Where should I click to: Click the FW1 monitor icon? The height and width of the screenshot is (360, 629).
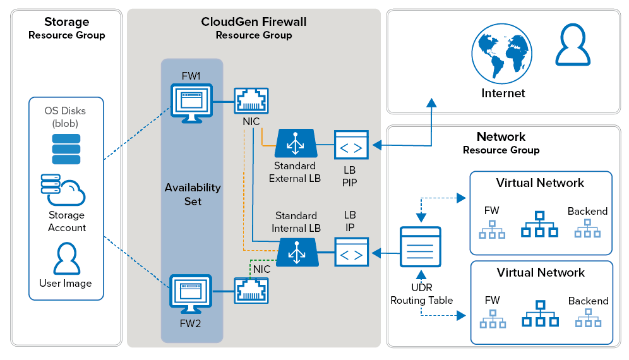192,102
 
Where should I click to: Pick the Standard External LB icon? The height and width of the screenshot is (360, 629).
294,144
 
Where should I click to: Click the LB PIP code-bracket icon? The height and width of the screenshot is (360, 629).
351,145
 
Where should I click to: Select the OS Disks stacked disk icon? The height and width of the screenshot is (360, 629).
66,149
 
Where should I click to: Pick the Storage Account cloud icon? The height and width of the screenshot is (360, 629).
63,189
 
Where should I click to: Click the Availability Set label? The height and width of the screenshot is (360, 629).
193,194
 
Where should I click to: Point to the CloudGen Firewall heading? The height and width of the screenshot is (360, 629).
254,22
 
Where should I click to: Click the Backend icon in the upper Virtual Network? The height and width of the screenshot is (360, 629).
587,229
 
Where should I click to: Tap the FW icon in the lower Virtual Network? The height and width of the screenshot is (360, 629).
492,319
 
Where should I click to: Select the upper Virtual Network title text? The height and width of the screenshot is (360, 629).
540,183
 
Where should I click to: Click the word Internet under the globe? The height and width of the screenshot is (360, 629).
503,93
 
